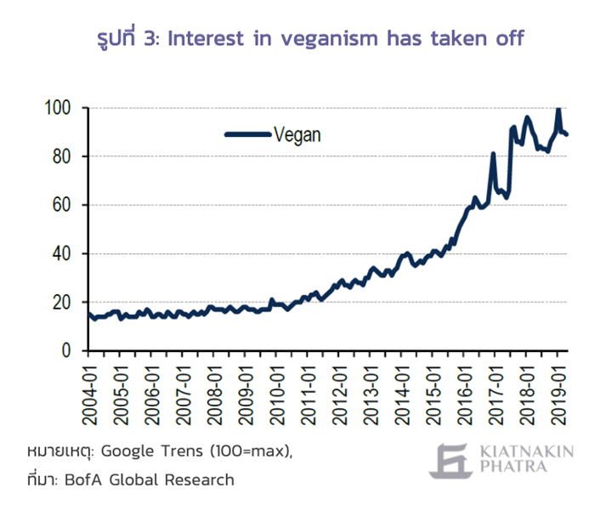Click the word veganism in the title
[330, 39]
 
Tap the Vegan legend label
[297, 135]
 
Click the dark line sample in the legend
[248, 134]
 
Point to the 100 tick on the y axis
[58, 108]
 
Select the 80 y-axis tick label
[61, 156]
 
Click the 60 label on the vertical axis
[61, 205]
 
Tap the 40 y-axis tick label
[61, 253]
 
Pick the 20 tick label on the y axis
[61, 302]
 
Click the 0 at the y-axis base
[66, 350]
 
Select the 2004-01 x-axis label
[89, 395]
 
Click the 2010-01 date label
[277, 395]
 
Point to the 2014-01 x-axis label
[402, 395]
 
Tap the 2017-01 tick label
[496, 395]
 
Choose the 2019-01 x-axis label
[558, 395]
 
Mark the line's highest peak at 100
[558, 109]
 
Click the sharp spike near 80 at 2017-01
[493, 154]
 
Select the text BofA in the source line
[83, 480]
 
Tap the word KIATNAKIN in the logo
[527, 451]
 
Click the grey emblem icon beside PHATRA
[451, 461]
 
